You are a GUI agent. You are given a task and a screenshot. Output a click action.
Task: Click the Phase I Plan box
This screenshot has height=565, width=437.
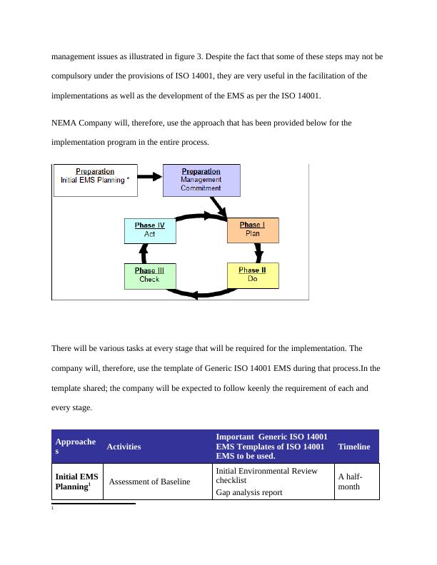tap(253, 230)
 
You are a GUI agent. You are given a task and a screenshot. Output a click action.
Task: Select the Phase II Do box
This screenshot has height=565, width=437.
tap(253, 275)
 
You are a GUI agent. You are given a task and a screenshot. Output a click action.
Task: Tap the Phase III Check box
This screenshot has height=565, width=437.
tap(149, 275)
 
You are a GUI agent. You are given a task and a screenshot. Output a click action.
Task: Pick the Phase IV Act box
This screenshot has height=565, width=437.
tap(149, 230)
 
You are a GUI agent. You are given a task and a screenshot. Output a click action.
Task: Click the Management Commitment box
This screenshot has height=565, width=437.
tap(201, 180)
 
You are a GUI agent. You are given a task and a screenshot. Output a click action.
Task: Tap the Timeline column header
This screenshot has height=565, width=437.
tap(354, 447)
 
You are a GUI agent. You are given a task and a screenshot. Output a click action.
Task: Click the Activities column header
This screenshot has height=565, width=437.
tap(124, 447)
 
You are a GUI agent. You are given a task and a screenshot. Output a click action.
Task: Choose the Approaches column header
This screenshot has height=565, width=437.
tap(75, 447)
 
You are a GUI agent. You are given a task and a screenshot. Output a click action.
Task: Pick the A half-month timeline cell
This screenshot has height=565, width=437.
tap(350, 482)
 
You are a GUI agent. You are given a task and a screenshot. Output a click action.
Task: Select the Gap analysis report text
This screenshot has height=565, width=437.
tap(248, 492)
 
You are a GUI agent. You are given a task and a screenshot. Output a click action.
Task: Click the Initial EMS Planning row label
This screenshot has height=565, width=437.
tap(77, 482)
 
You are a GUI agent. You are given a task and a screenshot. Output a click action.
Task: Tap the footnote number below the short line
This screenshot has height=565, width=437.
tap(54, 509)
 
